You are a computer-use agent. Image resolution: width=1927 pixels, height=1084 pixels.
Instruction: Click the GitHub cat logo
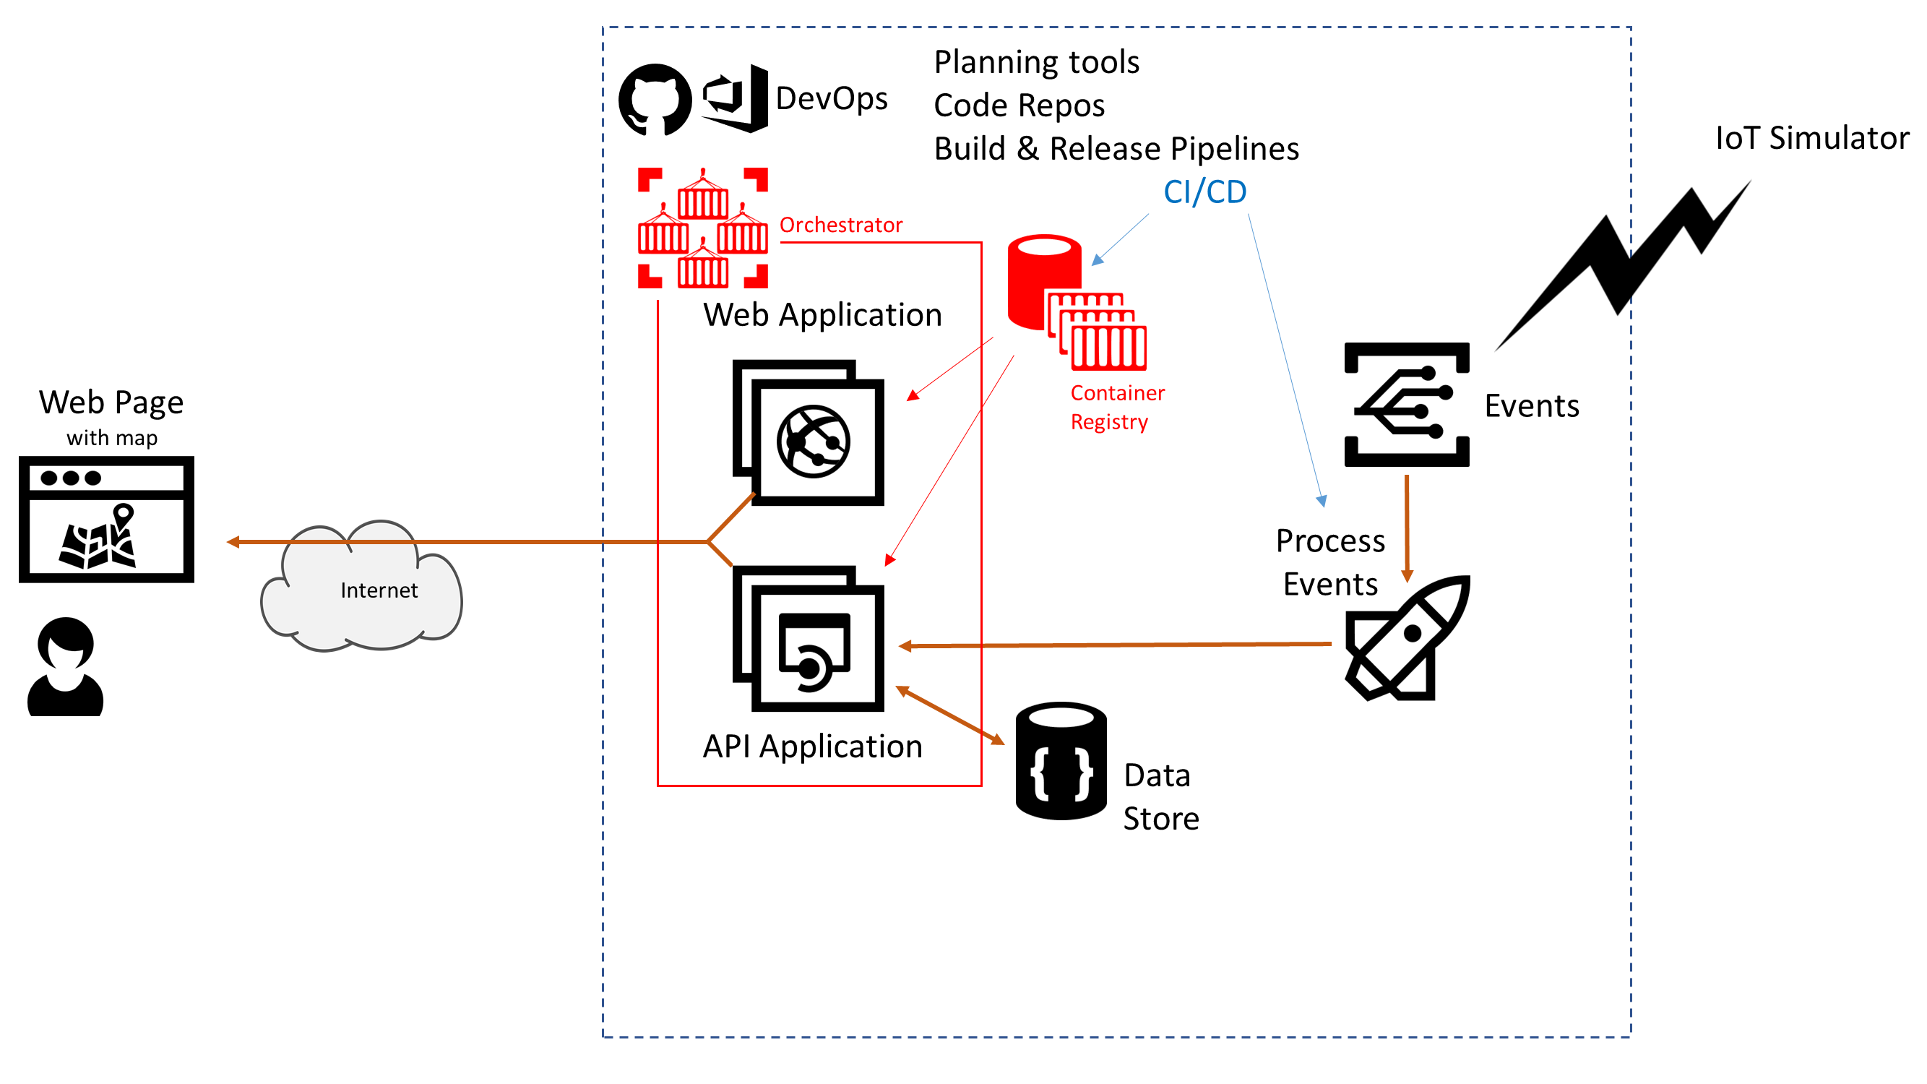click(655, 100)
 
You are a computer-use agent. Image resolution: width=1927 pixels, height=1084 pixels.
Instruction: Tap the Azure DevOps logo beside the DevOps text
click(736, 99)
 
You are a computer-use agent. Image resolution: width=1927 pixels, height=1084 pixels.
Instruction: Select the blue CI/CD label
click(1204, 192)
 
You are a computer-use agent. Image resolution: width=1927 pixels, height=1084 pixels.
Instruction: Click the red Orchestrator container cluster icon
click(702, 228)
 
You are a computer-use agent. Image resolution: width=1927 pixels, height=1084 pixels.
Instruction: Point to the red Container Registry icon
click(1076, 302)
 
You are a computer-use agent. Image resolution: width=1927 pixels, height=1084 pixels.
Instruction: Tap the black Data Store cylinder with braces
click(1061, 761)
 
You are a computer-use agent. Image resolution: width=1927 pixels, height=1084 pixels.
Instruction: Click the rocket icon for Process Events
click(1407, 638)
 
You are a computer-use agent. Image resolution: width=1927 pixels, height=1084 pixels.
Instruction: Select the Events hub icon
click(1406, 405)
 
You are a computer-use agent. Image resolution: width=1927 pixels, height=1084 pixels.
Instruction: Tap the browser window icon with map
click(106, 519)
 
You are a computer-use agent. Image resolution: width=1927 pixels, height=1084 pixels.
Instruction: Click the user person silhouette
click(66, 666)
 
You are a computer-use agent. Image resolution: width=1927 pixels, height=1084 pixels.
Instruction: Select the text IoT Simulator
click(1811, 139)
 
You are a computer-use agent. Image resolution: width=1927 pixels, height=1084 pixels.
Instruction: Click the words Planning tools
click(1036, 62)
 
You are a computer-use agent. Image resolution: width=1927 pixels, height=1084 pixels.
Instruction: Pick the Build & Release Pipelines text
click(1116, 149)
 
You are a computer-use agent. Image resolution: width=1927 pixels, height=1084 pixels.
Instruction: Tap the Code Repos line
click(1019, 106)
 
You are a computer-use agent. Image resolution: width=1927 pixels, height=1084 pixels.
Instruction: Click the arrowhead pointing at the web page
click(233, 541)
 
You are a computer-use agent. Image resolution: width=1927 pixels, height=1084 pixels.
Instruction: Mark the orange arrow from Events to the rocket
click(1407, 528)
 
